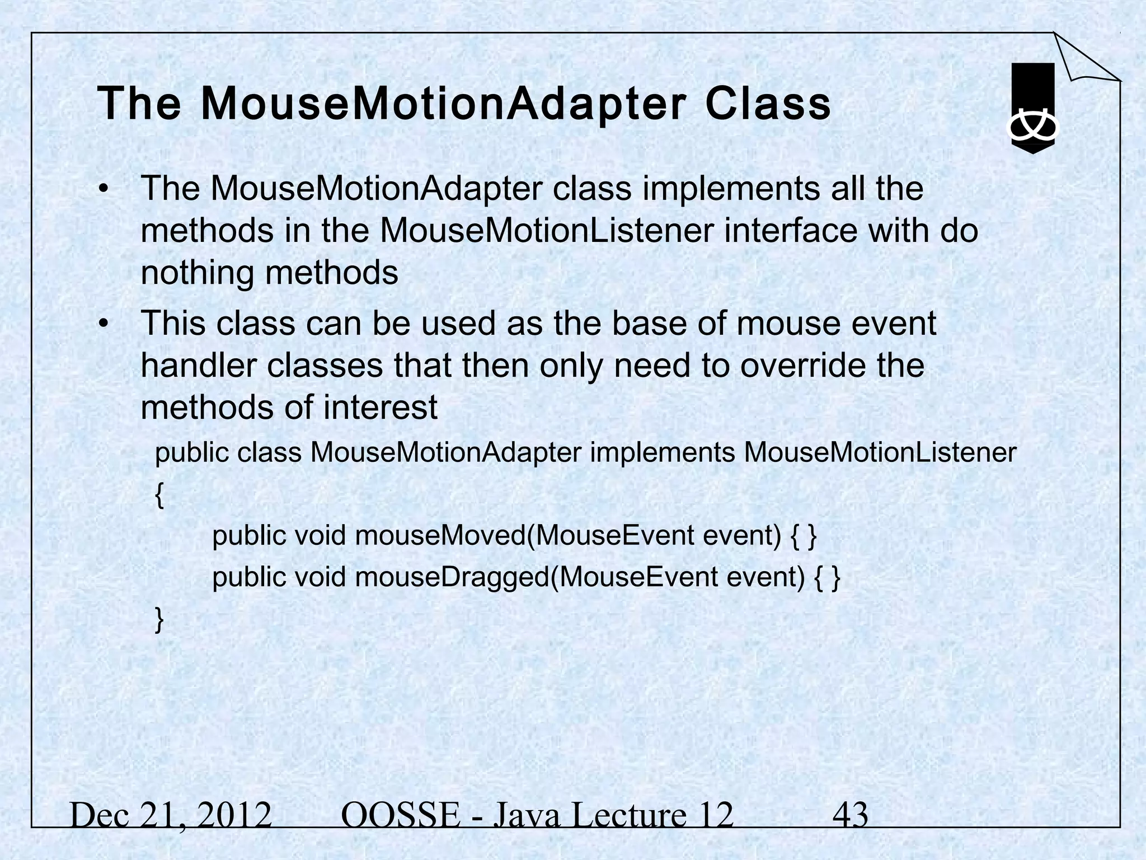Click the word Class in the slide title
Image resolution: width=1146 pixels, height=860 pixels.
coord(768,104)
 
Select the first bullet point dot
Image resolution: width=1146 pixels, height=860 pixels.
coord(102,190)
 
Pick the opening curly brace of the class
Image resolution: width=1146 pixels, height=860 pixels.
coord(159,496)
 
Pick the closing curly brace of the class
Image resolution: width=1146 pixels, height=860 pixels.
coord(159,620)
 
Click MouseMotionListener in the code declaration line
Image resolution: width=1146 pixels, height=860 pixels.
coord(880,452)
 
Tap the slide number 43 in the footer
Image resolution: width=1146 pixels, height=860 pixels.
coord(851,815)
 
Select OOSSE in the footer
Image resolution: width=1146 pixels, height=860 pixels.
coord(400,815)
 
